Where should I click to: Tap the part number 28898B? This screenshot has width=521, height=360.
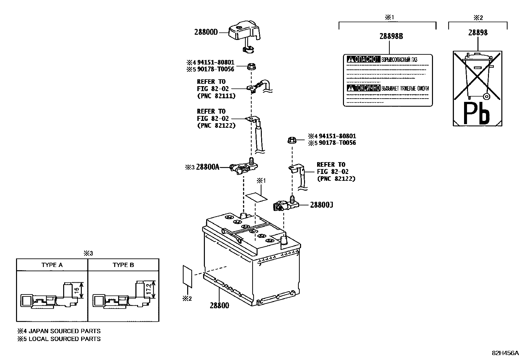point(391,36)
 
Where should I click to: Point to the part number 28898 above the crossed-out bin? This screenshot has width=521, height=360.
point(478,32)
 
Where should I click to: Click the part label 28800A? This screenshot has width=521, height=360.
point(207,167)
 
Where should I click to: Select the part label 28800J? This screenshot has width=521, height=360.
point(322,205)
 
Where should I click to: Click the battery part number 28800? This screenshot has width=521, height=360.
point(219,305)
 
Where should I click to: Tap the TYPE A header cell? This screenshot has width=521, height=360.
point(52,265)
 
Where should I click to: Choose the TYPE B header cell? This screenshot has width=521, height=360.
point(123,265)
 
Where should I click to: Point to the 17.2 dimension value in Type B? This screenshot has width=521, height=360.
point(148,289)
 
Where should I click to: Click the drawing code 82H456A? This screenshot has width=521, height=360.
point(505,353)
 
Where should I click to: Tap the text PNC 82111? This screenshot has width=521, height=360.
point(216,96)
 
